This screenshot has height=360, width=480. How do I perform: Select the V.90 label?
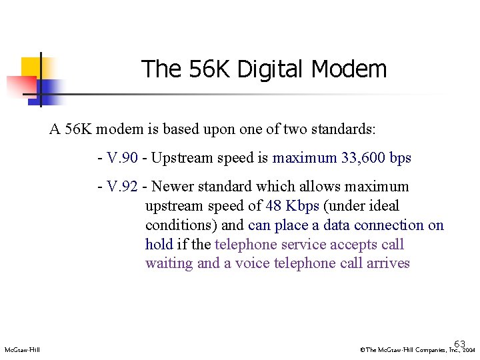coord(122,159)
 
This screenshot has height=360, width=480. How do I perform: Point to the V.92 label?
coord(122,187)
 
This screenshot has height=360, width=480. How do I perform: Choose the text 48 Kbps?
coord(293,206)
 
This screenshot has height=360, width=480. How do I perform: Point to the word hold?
coord(159,245)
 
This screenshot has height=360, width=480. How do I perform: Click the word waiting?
coord(169,263)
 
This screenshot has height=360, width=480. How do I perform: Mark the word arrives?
coord(388,263)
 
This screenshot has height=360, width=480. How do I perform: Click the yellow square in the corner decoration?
coord(31,67)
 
